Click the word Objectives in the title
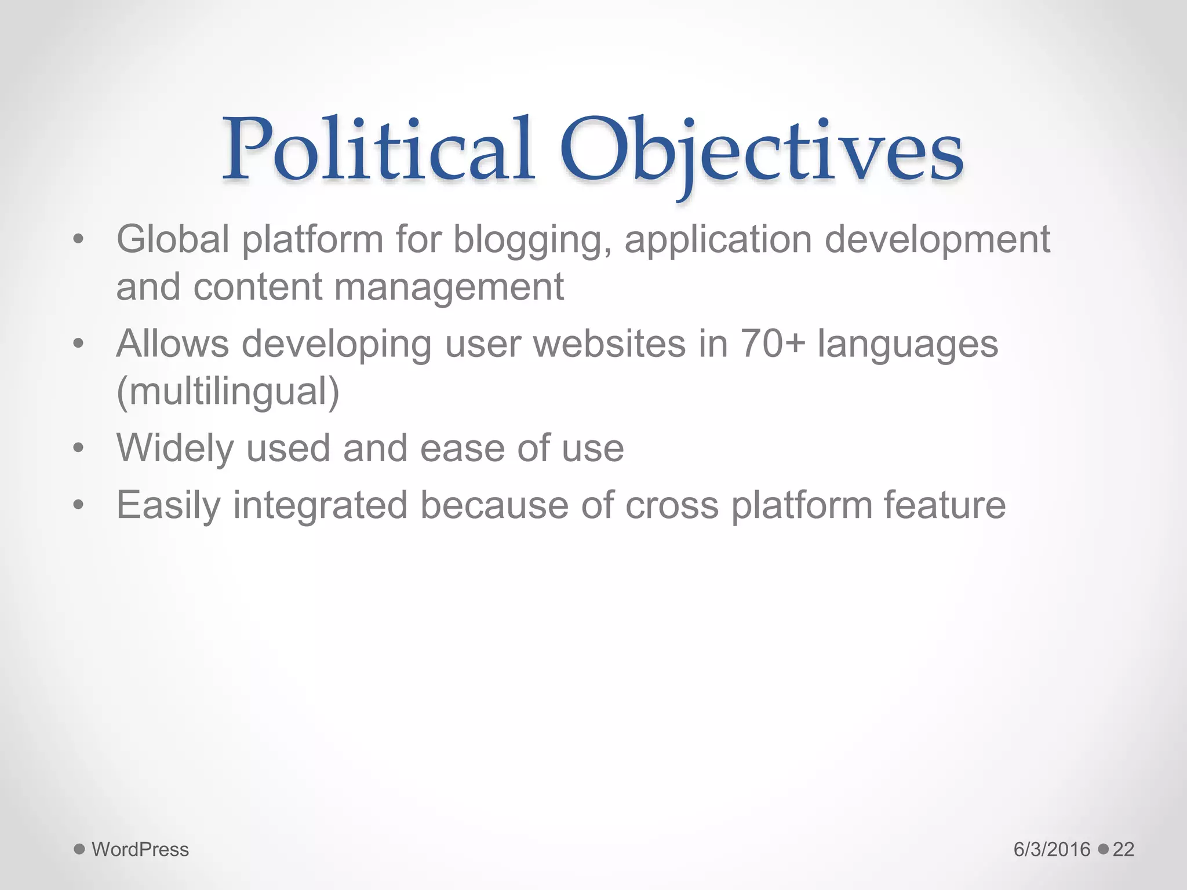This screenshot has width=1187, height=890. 760,152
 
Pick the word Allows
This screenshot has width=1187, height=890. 173,344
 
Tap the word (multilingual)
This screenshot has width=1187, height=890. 228,392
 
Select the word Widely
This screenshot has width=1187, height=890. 175,449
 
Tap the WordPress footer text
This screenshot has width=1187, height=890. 140,849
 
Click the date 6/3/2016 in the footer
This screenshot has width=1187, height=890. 1052,849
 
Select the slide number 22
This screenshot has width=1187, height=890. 1123,849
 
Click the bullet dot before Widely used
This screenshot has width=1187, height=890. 79,448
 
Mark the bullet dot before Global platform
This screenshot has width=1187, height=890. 79,239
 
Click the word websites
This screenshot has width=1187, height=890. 609,344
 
